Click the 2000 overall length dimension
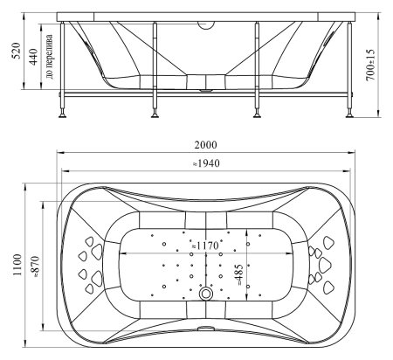pyautogui.click(x=205, y=145)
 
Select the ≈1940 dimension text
pyautogui.click(x=206, y=163)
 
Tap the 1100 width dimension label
pyautogui.click(x=17, y=265)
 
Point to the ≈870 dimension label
pyautogui.click(x=35, y=267)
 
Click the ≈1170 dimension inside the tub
pyautogui.click(x=205, y=246)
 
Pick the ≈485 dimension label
pyautogui.click(x=238, y=274)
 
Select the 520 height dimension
pyautogui.click(x=17, y=51)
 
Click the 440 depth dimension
pyautogui.click(x=33, y=57)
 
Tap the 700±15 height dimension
pyautogui.click(x=370, y=65)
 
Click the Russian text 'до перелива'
pyautogui.click(x=50, y=57)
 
